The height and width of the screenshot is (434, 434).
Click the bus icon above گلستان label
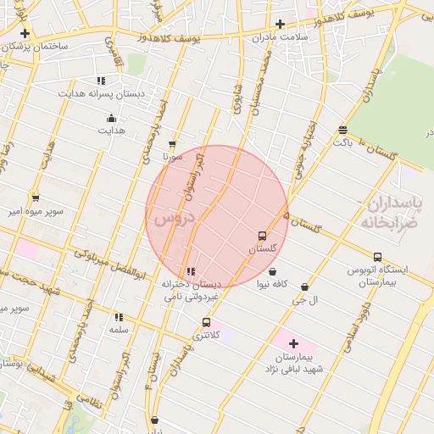[x=261, y=236]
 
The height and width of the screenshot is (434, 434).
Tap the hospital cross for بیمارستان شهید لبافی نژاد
[x=293, y=343]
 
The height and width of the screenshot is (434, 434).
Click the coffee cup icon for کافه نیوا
[x=273, y=272]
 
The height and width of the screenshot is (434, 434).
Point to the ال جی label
[x=303, y=300]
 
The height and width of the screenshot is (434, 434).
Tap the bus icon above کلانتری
[x=206, y=322]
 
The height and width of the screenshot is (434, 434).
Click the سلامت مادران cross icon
[x=281, y=24]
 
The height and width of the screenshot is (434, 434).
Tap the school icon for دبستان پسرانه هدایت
[x=101, y=81]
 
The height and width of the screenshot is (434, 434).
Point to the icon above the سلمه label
[x=118, y=317]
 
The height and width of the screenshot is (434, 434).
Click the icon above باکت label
[x=342, y=130]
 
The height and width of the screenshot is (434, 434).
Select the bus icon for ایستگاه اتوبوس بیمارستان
[x=377, y=257]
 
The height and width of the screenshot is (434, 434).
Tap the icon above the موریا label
[x=172, y=145]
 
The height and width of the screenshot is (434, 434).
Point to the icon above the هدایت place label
[x=111, y=119]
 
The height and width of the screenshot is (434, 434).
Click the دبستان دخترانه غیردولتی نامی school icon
[x=191, y=272]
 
